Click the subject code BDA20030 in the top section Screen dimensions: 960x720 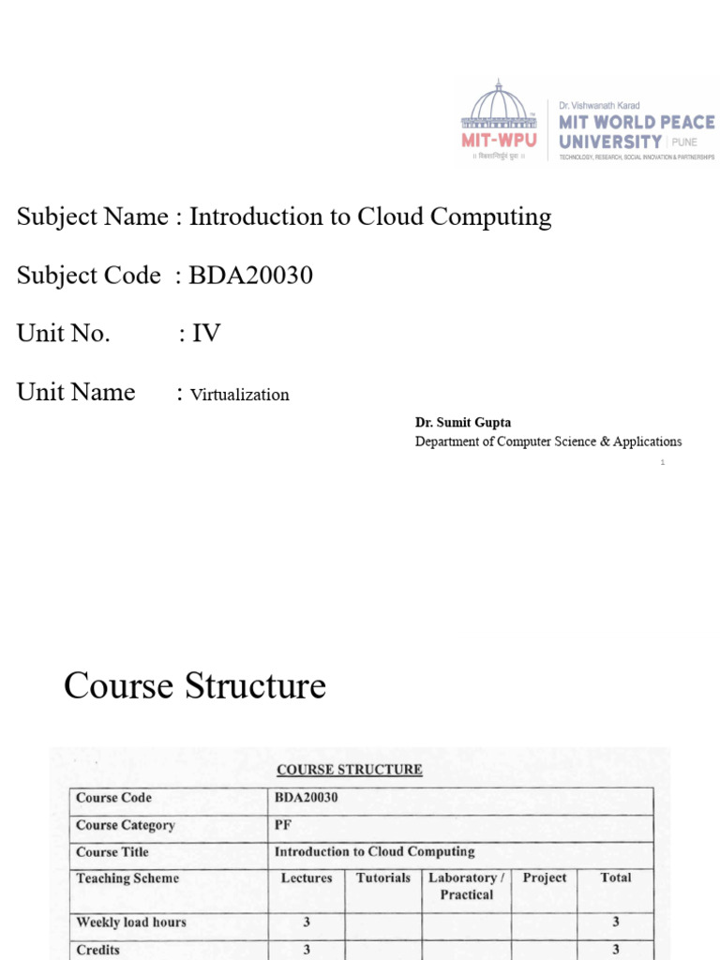point(250,276)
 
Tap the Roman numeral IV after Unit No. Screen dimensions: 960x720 point(206,334)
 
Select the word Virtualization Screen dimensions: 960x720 point(240,395)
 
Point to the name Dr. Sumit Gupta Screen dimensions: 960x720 point(463,423)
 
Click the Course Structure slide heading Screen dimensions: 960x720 point(195,686)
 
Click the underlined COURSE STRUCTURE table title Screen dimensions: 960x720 point(350,770)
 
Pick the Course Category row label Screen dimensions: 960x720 point(125,825)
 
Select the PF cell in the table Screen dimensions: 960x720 point(282,825)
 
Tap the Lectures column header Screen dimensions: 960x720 point(307,878)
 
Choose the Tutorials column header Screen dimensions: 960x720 point(383,877)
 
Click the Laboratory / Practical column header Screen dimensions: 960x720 point(467,886)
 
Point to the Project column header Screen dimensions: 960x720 point(545,877)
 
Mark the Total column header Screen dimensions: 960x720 point(616,877)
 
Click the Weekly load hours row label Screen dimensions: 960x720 point(131,922)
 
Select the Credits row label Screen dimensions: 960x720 point(98,950)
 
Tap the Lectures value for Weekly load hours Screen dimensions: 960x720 point(307,922)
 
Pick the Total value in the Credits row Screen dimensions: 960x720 point(616,950)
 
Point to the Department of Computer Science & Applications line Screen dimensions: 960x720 point(548,442)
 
